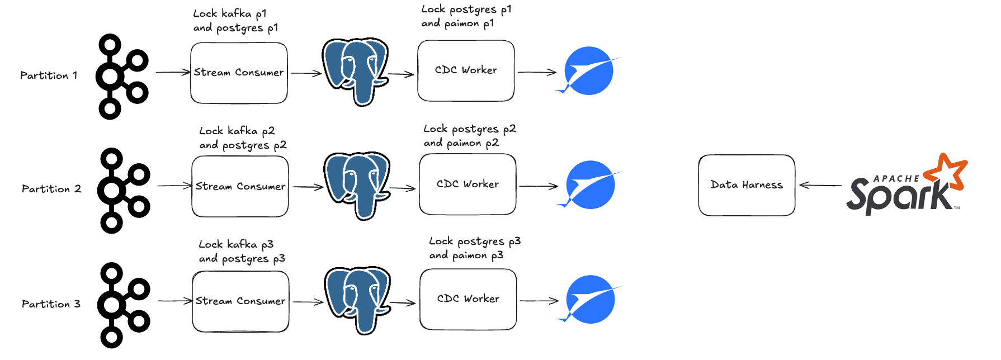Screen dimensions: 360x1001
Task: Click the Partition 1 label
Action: pos(49,75)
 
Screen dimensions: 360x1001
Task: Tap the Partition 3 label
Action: pos(51,304)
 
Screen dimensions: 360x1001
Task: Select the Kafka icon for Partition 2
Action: pos(124,190)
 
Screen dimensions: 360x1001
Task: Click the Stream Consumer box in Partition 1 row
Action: pos(239,73)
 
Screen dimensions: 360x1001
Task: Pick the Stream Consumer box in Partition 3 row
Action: pos(240,301)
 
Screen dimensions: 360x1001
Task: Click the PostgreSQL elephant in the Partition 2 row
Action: pos(357,186)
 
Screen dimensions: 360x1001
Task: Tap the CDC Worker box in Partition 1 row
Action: pos(466,70)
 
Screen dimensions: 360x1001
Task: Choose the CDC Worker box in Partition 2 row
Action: pos(468,184)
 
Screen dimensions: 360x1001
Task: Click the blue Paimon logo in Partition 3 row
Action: pos(589,300)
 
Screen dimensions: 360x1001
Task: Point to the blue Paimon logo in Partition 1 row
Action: pos(588,71)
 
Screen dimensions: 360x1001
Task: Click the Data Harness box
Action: pos(747,185)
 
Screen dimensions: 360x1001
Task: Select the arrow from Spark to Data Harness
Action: pos(820,185)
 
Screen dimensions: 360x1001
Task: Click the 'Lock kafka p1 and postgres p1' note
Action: pos(235,21)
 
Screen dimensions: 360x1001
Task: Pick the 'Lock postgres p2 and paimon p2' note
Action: pos(469,136)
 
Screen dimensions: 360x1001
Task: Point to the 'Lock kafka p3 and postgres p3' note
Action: pos(242,252)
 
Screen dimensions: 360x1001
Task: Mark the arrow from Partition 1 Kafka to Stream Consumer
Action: pos(173,72)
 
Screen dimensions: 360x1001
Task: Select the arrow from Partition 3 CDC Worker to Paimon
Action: pos(539,301)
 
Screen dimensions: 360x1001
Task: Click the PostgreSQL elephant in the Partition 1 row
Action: pos(355,71)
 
